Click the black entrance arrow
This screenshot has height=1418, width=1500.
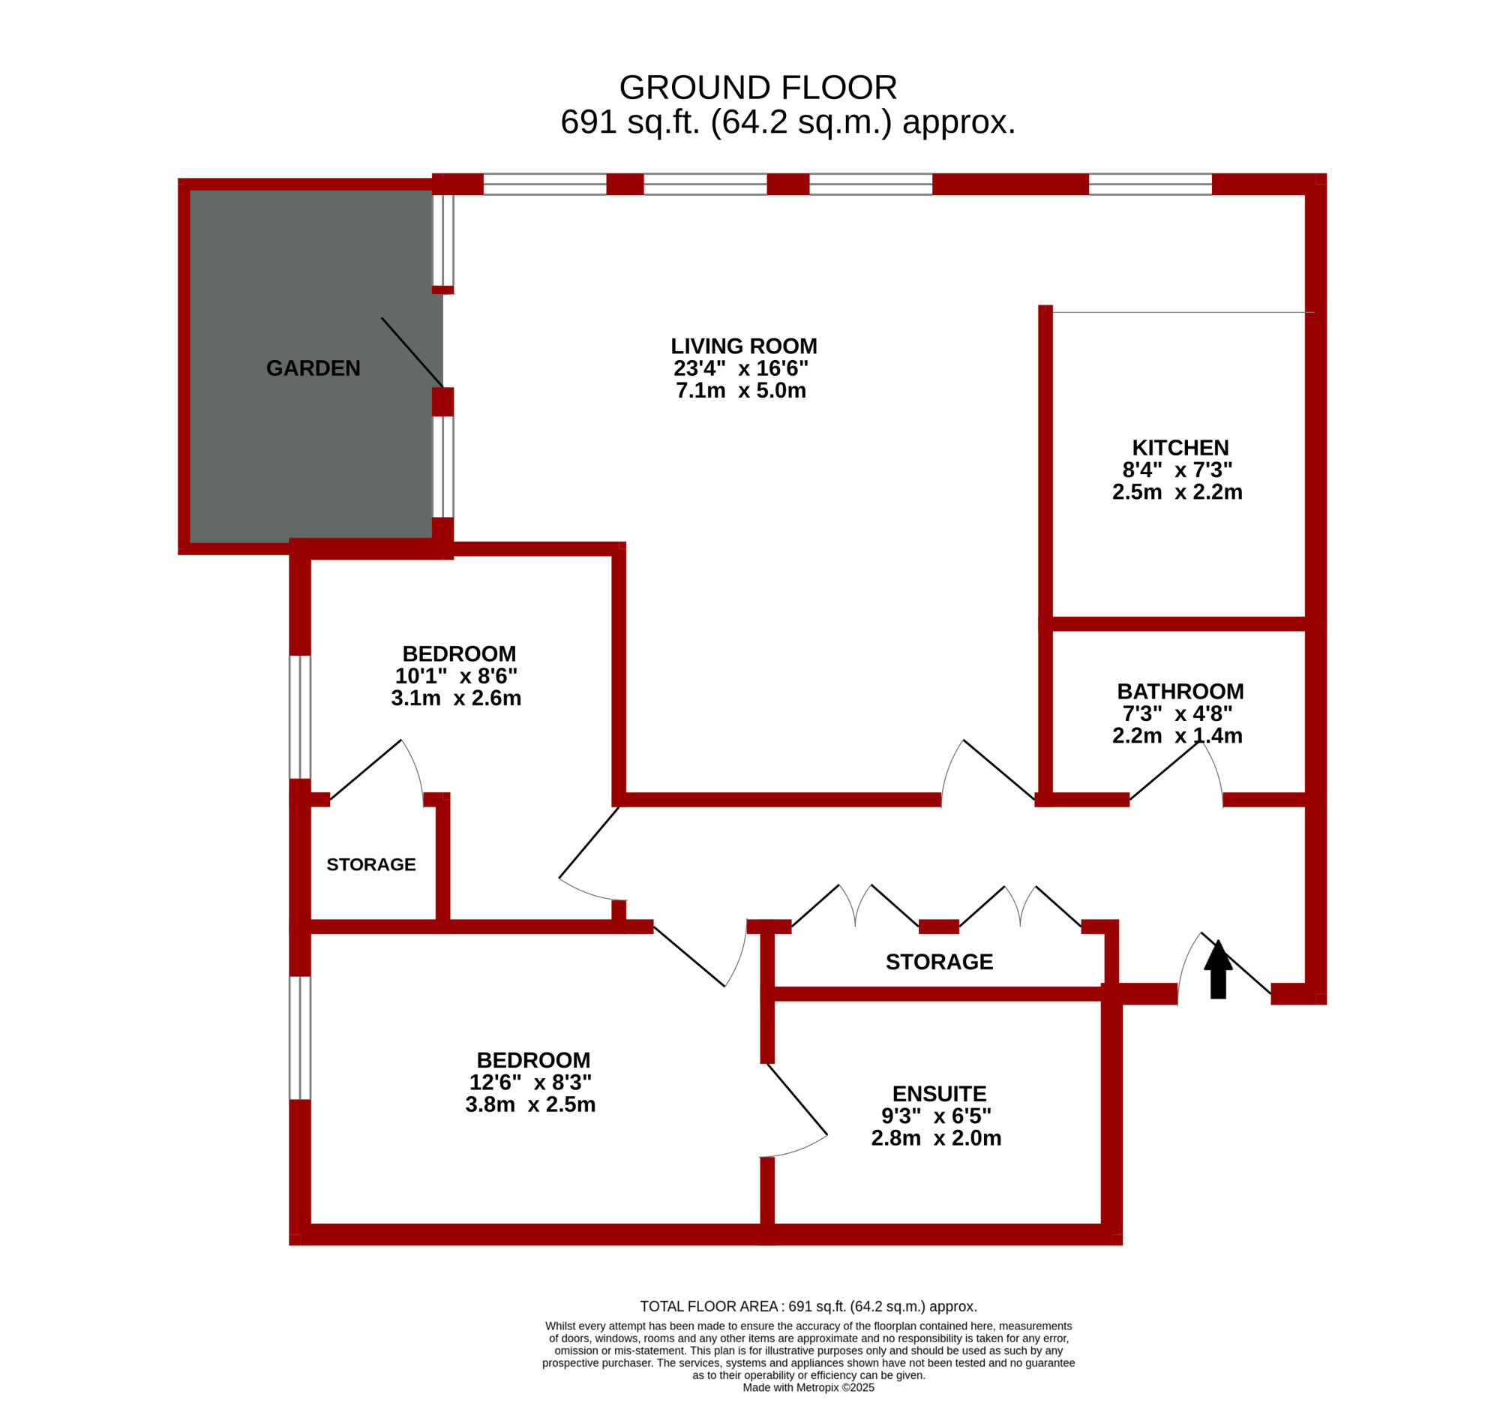click(1217, 969)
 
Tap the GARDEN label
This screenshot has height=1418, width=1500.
click(313, 368)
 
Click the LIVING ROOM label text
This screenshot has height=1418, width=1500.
click(743, 346)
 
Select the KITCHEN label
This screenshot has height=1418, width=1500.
click(1180, 447)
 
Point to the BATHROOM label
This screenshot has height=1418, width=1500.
click(1180, 692)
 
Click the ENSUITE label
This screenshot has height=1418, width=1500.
click(939, 1094)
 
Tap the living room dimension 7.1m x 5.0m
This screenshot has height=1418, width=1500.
click(740, 391)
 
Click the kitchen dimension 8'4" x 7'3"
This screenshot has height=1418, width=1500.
click(1177, 470)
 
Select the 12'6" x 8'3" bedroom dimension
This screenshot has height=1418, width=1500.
click(530, 1083)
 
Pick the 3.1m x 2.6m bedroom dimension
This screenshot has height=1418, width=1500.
click(456, 698)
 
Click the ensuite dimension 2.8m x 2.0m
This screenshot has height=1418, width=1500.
click(936, 1138)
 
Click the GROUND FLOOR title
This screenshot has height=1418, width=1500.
click(758, 88)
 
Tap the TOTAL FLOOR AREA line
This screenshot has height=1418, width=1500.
click(808, 1306)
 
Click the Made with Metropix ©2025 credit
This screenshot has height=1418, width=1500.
click(808, 1388)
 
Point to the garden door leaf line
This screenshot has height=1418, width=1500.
click(412, 352)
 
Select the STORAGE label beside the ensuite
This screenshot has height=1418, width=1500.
click(939, 961)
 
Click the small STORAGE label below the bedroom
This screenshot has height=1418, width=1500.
click(371, 865)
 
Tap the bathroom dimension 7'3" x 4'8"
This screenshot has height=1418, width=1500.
click(1177, 714)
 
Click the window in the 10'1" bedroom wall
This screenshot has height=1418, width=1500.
click(300, 717)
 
